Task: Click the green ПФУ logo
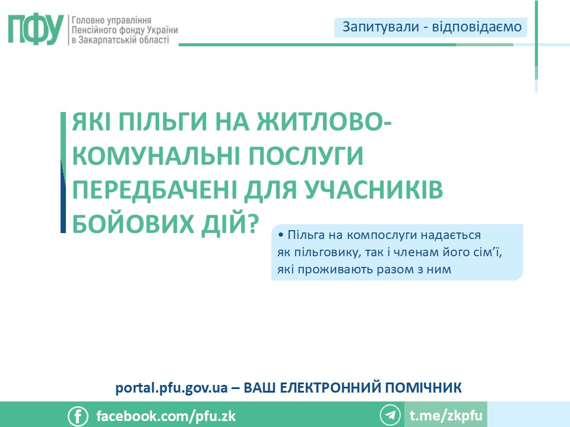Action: click(x=36, y=30)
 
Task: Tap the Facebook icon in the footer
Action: click(x=78, y=416)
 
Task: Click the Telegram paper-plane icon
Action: click(x=390, y=415)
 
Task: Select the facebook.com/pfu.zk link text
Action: click(x=166, y=416)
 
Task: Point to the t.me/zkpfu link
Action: click(x=446, y=415)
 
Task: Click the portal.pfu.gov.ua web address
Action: click(x=171, y=388)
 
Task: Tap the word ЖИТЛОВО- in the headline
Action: click(x=324, y=121)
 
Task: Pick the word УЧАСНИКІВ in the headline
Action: click(x=373, y=189)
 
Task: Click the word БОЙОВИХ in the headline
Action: click(x=133, y=223)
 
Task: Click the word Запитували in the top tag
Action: click(x=381, y=27)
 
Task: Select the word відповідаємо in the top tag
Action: click(x=477, y=27)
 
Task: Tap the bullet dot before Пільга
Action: click(x=281, y=235)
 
